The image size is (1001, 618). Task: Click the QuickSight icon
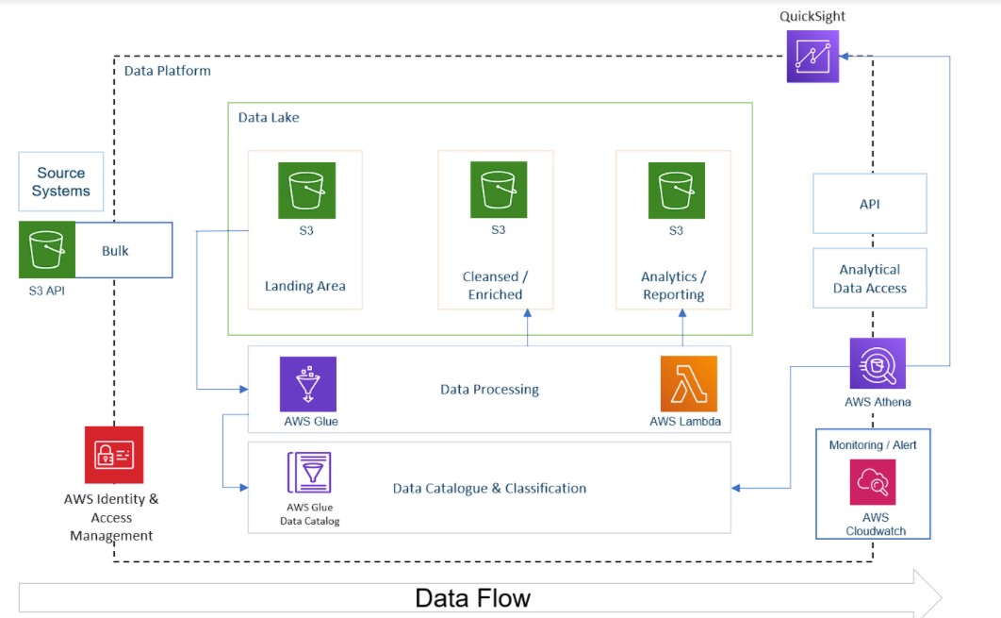(x=813, y=56)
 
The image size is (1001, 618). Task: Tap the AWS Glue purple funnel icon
(x=308, y=384)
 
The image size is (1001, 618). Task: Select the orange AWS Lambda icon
(x=689, y=384)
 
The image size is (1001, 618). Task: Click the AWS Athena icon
(x=878, y=363)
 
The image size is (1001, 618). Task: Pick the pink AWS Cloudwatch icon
(x=872, y=482)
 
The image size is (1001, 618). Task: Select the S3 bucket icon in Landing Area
(x=306, y=190)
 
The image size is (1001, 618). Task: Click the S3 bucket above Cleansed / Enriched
(x=499, y=190)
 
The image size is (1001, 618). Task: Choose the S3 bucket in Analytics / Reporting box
(x=676, y=190)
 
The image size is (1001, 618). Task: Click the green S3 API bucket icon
(x=47, y=250)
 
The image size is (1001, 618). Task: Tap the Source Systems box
(x=61, y=182)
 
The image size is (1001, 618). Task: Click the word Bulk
(x=115, y=251)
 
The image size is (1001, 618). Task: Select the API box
(x=869, y=204)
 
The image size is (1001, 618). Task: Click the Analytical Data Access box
(x=869, y=278)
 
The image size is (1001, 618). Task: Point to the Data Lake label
(x=269, y=118)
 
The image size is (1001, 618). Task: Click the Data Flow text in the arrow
(x=473, y=598)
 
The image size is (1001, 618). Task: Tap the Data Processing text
(x=489, y=389)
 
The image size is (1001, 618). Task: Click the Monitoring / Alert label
(x=872, y=444)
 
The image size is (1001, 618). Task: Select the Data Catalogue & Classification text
(x=489, y=489)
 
